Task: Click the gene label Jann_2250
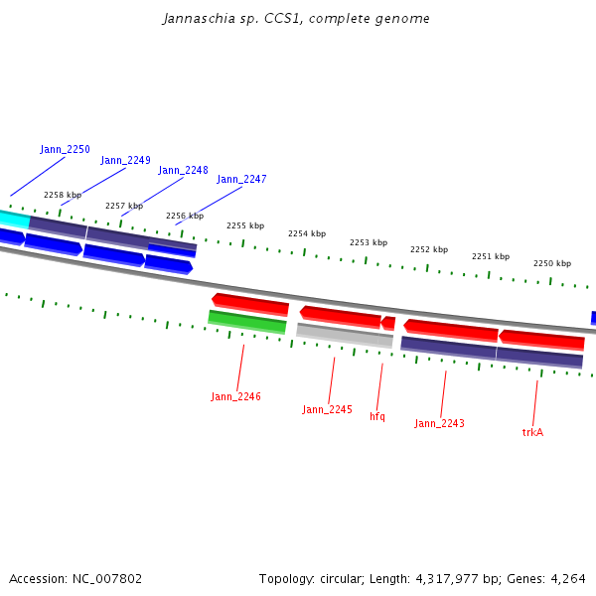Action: pyautogui.click(x=65, y=149)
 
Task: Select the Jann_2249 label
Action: pyautogui.click(x=125, y=160)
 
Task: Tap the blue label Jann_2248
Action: pyautogui.click(x=183, y=170)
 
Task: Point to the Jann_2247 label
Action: pyautogui.click(x=241, y=179)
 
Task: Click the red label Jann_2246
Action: pyautogui.click(x=235, y=396)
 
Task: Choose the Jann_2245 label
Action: pyautogui.click(x=327, y=409)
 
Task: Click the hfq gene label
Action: pyautogui.click(x=377, y=416)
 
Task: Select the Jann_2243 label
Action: pyautogui.click(x=439, y=423)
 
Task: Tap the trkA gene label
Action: pyautogui.click(x=532, y=432)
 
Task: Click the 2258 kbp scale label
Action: pyautogui.click(x=62, y=195)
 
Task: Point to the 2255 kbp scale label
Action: pyautogui.click(x=245, y=225)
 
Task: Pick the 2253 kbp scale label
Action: pyautogui.click(x=368, y=242)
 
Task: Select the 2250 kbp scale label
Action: pyautogui.click(x=551, y=263)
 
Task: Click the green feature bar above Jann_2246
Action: pyautogui.click(x=247, y=322)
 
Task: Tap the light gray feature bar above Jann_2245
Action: pyautogui.click(x=344, y=335)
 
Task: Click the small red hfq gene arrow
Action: pyautogui.click(x=388, y=323)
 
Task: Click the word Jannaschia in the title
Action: pyautogui.click(x=195, y=19)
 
